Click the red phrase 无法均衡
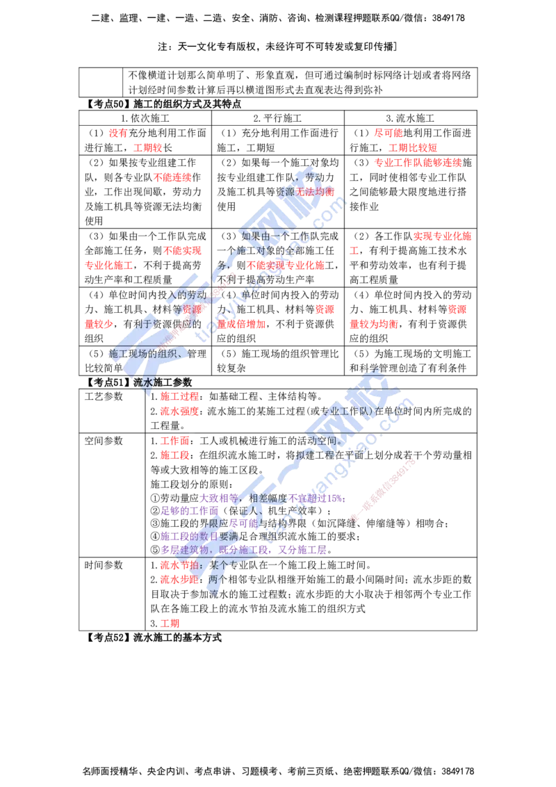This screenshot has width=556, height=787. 315,191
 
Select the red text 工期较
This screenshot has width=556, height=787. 147,147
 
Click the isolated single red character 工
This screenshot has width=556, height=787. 354,250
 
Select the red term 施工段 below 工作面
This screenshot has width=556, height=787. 174,456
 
